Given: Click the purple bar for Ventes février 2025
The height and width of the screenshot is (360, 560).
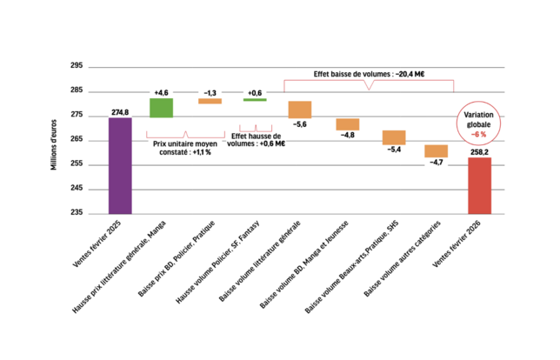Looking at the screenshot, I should click(x=120, y=164).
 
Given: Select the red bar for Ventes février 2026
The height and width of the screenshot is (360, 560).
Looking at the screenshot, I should click(x=479, y=184).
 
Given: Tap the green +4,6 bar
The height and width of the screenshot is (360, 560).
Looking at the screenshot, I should click(x=162, y=107).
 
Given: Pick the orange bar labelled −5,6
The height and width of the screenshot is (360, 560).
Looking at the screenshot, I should click(x=300, y=110).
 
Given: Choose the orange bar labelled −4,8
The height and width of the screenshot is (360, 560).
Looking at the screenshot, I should click(x=347, y=124).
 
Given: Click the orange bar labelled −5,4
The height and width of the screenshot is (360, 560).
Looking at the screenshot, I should click(x=394, y=137).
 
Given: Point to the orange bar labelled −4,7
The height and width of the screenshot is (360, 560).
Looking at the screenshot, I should click(x=436, y=151).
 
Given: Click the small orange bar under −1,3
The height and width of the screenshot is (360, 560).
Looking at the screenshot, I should click(x=210, y=102).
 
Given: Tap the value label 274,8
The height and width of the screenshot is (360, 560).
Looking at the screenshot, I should click(x=120, y=111).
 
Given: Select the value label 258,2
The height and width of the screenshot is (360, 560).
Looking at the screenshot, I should click(x=479, y=151).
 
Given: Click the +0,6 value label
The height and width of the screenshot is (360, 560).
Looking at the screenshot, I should click(x=255, y=92).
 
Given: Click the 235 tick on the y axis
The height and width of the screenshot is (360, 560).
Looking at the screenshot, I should click(x=77, y=212).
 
